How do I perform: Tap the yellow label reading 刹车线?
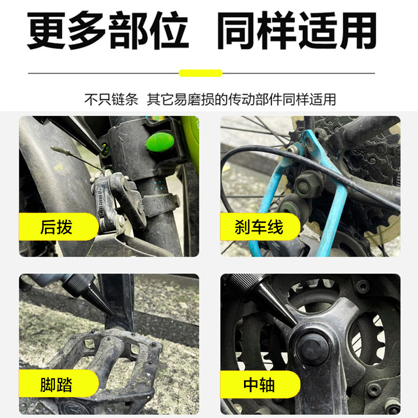[x=259, y=227]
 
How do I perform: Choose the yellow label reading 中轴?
[x=259, y=385]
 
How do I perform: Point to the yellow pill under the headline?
[x=201, y=73]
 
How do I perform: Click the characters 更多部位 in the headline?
[x=107, y=31]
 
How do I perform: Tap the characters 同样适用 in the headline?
[x=296, y=31]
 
